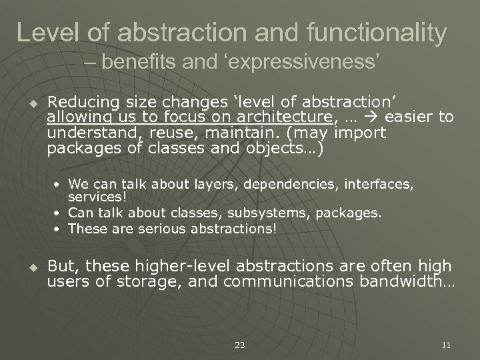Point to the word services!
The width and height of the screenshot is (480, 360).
click(90, 198)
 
